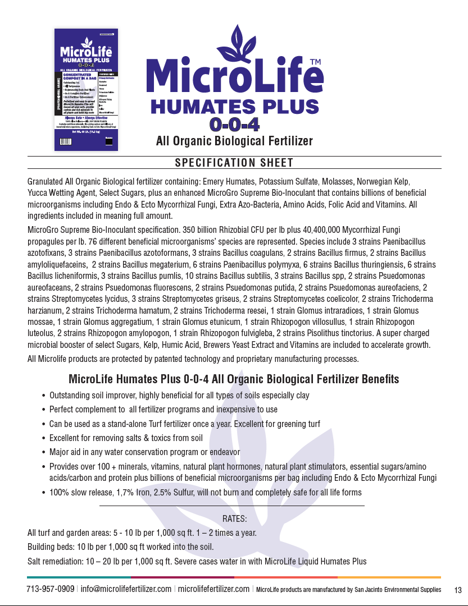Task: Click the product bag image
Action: (86, 89)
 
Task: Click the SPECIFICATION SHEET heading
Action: (234, 163)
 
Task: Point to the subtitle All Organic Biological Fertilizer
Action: (234, 141)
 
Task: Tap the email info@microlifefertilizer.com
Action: (126, 589)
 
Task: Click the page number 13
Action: (457, 590)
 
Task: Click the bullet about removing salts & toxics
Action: (126, 438)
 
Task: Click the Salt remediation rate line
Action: (197, 561)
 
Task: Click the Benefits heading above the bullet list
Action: (234, 379)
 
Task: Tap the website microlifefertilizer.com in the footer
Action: (213, 589)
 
